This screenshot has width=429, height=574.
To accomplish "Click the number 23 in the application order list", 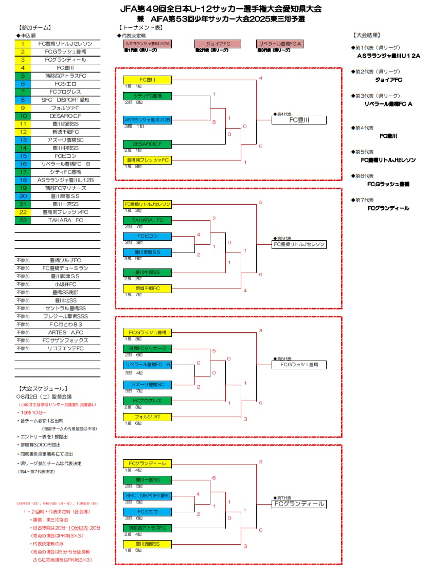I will click(23, 220).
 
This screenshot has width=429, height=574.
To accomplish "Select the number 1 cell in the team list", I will click(23, 44).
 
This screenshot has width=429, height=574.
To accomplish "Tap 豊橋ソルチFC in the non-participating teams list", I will click(65, 260).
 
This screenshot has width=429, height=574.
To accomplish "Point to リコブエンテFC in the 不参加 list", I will click(65, 348).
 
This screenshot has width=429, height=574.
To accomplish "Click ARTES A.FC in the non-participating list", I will click(65, 332).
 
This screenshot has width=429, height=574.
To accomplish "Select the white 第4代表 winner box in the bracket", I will click(299, 120).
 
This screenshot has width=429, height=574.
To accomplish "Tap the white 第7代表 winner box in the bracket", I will click(299, 504).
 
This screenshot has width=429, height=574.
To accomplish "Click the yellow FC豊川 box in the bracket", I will click(147, 80).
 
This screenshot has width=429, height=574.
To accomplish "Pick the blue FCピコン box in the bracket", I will click(147, 237).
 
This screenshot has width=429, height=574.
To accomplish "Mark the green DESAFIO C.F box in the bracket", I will click(147, 143).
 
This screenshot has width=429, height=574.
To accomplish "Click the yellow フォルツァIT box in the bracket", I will click(147, 416).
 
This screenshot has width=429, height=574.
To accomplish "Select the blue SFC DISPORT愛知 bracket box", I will click(147, 496).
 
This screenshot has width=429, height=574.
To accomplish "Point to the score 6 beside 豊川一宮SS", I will click(213, 478).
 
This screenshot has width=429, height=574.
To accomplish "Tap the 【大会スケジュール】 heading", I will click(42, 388).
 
